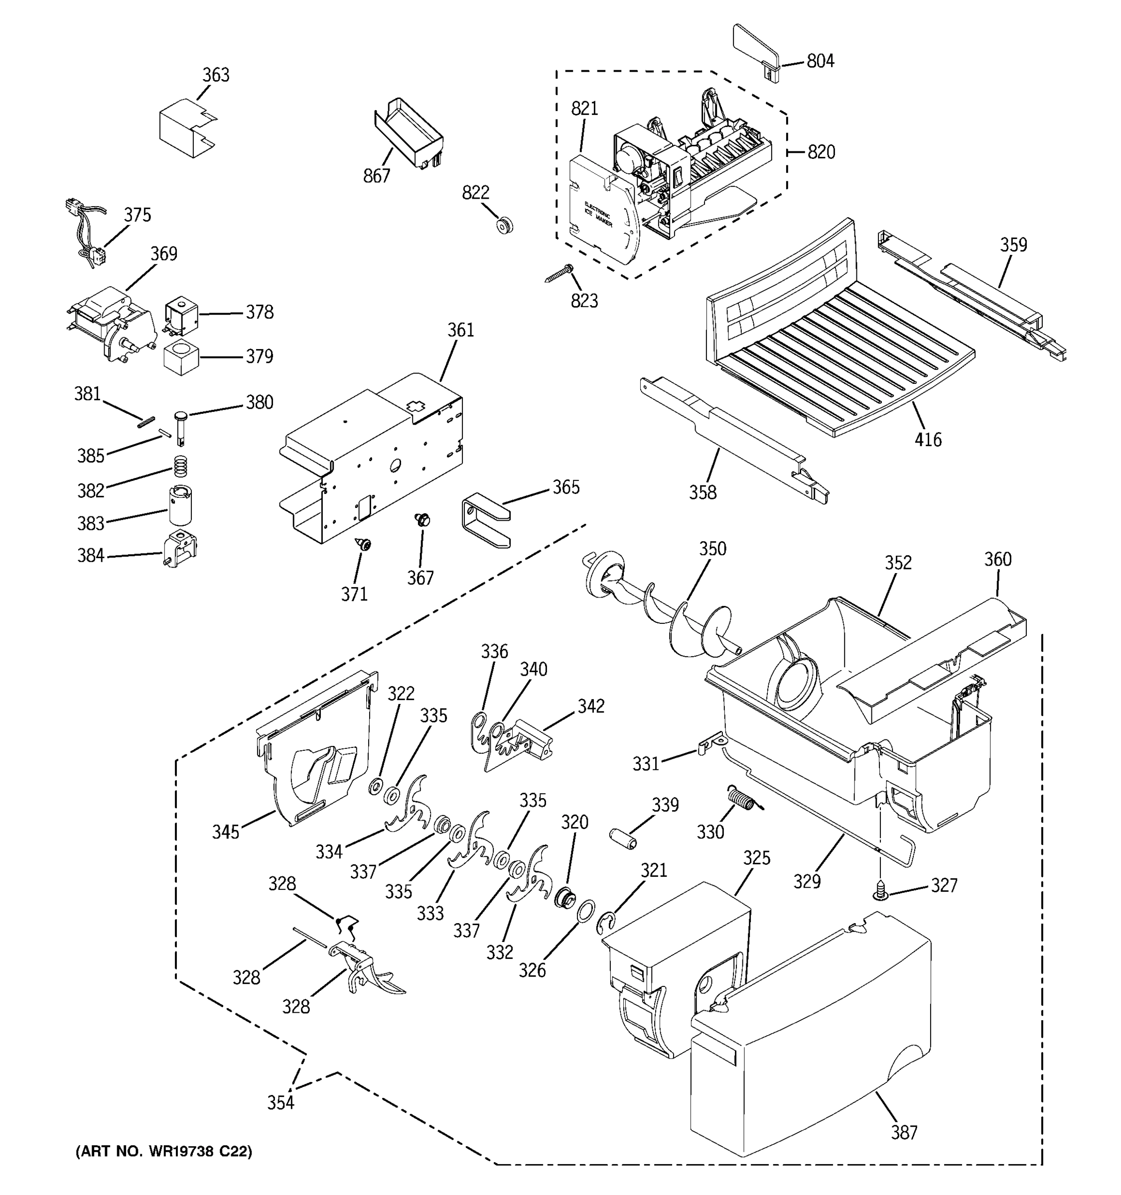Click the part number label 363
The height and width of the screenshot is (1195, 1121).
pos(215,75)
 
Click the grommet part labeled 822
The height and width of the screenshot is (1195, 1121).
pos(504,226)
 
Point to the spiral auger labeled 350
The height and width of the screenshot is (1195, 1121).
pos(662,613)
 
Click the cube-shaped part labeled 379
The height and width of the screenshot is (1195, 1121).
pos(181,358)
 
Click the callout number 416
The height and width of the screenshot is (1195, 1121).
pos(928,440)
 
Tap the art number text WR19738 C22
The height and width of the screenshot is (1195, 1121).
pos(163,1151)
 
